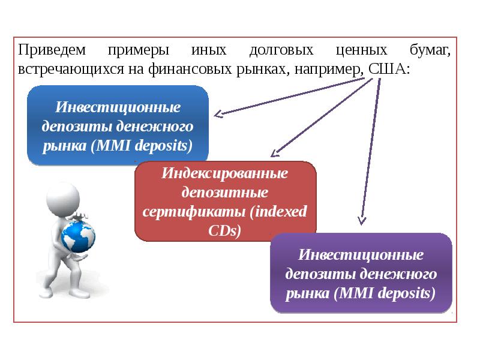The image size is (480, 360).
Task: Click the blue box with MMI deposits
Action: pyautogui.click(x=118, y=125)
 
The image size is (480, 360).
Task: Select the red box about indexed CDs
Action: pyautogui.click(x=225, y=202)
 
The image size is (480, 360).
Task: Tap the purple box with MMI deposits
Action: pyautogui.click(x=361, y=273)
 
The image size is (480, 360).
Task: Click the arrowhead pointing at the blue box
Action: pyautogui.click(x=219, y=113)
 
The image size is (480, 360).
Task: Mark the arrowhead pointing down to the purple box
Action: pyautogui.click(x=361, y=220)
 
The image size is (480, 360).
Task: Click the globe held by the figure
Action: pyautogui.click(x=79, y=236)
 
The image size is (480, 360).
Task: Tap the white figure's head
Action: pyautogui.click(x=62, y=197)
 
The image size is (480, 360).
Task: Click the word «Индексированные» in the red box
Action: pyautogui.click(x=225, y=173)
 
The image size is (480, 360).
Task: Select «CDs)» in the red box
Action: pyautogui.click(x=225, y=230)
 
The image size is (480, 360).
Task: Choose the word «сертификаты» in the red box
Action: pyautogui.click(x=194, y=212)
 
